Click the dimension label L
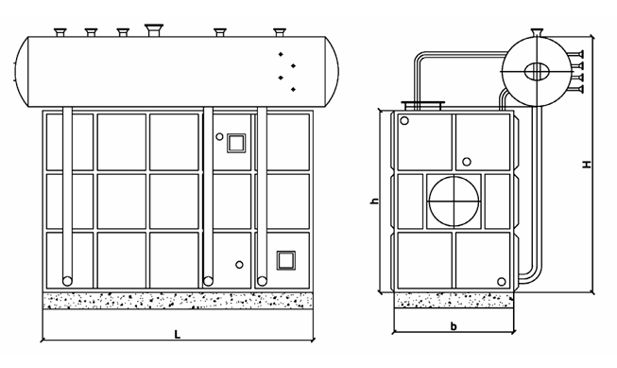coord(178,335)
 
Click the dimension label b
coord(454,326)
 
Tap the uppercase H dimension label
coord(587,164)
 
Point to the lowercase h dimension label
coord(374,201)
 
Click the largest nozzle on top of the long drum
coord(153,30)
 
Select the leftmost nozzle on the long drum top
coord(60,32)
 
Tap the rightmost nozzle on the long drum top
coord(280,32)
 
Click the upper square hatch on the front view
coord(236,143)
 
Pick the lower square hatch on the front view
coord(285,260)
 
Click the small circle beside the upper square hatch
coord(219,137)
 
